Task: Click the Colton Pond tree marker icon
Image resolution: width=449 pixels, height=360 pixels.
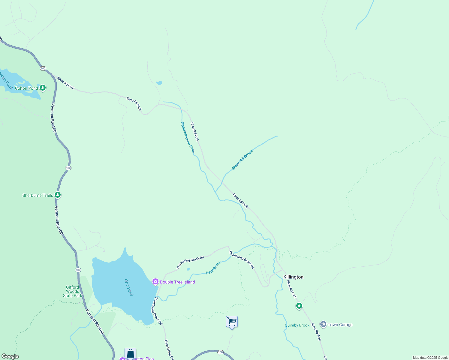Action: tap(43, 88)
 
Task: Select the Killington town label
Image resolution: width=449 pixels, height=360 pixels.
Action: tap(293, 277)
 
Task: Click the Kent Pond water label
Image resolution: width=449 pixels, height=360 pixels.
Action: tap(129, 287)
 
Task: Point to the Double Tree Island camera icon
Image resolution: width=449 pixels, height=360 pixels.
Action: tap(155, 282)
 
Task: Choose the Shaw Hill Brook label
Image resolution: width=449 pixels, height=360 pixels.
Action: tap(242, 160)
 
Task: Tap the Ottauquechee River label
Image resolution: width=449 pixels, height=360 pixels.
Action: tap(188, 137)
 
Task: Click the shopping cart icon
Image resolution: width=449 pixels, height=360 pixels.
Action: tap(232, 322)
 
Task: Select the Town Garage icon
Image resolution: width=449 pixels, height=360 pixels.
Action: tap(323, 324)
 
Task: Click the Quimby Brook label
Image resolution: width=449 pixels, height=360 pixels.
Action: tap(297, 325)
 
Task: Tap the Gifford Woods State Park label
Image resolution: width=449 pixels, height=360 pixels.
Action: tap(73, 291)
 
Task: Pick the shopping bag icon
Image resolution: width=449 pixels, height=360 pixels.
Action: tap(131, 353)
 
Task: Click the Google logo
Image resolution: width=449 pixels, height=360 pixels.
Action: tap(10, 356)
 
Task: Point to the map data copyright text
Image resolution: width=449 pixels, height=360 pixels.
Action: tap(430, 358)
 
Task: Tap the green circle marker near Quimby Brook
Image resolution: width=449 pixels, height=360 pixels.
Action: tap(299, 306)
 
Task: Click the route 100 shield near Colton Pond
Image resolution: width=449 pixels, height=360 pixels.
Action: tap(43, 68)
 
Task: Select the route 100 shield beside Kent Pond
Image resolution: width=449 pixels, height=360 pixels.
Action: tap(78, 270)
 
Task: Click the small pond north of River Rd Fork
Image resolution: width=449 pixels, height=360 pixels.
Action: tap(159, 83)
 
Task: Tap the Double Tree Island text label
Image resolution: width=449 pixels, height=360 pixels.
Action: tap(177, 282)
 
